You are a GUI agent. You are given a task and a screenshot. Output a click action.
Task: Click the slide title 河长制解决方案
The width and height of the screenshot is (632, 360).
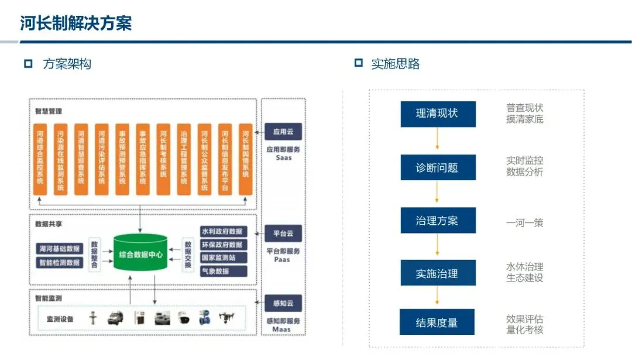pyautogui.click(x=76, y=23)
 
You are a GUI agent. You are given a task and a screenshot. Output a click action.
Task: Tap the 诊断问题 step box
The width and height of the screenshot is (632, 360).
pyautogui.click(x=438, y=168)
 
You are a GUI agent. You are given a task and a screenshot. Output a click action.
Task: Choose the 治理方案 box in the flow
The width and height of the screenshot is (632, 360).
pyautogui.click(x=438, y=221)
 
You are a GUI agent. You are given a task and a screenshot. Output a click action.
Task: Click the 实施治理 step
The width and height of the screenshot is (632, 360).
pyautogui.click(x=438, y=273)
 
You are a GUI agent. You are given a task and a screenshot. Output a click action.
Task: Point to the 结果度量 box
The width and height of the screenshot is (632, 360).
pyautogui.click(x=438, y=323)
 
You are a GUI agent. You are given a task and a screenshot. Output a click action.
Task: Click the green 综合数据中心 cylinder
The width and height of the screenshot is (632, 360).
pyautogui.click(x=140, y=255)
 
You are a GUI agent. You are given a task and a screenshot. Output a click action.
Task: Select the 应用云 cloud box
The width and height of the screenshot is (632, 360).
pyautogui.click(x=283, y=131)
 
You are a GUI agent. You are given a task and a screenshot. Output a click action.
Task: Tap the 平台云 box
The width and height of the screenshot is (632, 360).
pyautogui.click(x=283, y=234)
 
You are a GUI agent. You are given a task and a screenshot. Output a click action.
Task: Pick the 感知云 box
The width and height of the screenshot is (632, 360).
pyautogui.click(x=283, y=303)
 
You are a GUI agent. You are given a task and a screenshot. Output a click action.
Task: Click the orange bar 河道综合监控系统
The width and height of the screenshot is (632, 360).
pyautogui.click(x=40, y=159)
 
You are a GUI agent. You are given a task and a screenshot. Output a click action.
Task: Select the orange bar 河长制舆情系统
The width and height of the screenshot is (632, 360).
pyautogui.click(x=246, y=159)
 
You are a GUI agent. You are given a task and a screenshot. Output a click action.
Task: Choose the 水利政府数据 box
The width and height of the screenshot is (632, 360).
pyautogui.click(x=222, y=232)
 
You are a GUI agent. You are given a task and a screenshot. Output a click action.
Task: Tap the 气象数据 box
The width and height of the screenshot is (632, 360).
pyautogui.click(x=222, y=272)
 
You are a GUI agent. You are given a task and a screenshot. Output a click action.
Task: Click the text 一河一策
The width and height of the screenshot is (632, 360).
pyautogui.click(x=524, y=223)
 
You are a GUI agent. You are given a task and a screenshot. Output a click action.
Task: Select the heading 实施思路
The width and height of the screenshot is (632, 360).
pyautogui.click(x=395, y=64)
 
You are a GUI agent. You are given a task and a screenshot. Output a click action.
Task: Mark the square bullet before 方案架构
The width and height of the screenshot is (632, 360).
pyautogui.click(x=28, y=64)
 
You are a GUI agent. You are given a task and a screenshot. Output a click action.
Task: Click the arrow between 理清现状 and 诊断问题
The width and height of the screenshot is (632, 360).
pyautogui.click(x=438, y=140)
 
